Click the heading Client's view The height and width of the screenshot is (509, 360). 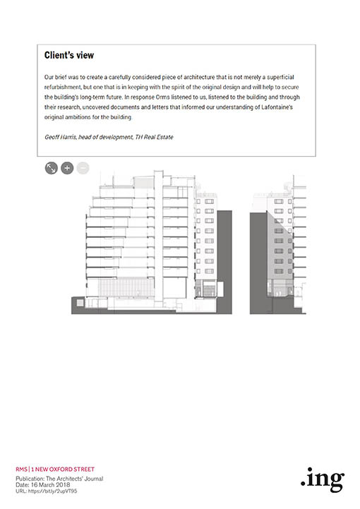68,55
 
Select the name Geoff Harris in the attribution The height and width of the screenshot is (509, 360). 61,137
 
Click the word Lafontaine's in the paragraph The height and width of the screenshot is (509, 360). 277,107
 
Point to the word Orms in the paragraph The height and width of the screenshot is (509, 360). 162,97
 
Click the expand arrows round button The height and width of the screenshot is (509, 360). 52,168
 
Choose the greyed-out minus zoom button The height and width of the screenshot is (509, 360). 83,168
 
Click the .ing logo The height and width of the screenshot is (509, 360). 323,480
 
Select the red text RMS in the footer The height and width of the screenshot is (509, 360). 21,469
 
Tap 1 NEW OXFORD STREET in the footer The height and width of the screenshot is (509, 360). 63,469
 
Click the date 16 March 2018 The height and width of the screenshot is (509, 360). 50,485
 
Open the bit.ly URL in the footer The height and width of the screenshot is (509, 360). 52,491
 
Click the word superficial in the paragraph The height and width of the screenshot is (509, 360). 280,77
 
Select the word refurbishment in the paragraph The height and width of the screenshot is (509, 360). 62,87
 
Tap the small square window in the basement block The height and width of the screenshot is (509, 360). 80,303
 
